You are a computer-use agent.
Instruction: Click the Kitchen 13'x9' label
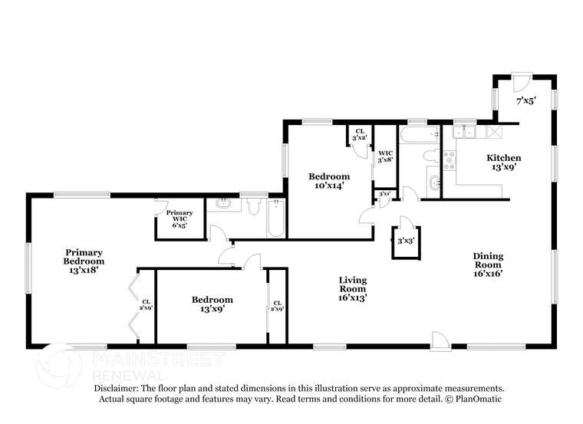coord(504,163)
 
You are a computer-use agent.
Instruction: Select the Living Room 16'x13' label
coord(353,289)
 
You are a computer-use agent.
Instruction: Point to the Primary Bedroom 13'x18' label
coord(84,261)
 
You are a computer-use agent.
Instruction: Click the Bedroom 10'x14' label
coord(328,180)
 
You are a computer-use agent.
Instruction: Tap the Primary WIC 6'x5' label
coord(180,218)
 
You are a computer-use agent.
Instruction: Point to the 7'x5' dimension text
coord(525,100)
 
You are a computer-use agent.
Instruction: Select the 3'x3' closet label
coord(406,241)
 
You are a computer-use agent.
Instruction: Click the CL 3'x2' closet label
coord(359,134)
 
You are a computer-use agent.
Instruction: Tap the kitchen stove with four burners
coord(449,159)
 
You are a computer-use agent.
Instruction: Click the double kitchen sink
coord(465,133)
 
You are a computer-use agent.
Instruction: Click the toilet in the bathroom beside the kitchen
coord(430,156)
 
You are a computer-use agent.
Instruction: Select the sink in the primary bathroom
coord(224,205)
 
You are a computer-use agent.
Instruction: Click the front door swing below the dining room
coord(440,340)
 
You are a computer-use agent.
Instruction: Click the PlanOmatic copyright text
coord(475,399)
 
